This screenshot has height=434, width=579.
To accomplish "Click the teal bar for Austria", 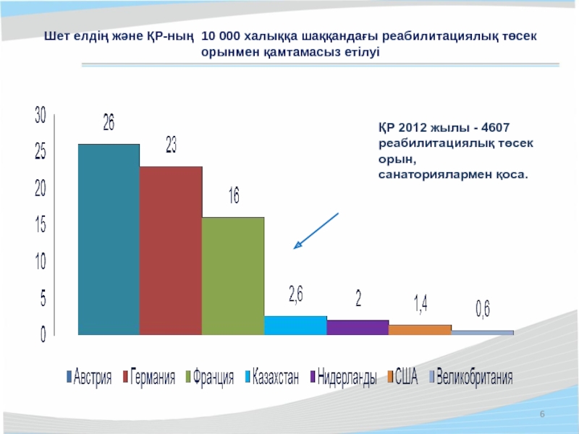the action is point(109,239).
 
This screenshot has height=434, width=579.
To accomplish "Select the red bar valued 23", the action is point(171,250).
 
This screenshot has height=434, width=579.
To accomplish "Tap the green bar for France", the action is point(233,276).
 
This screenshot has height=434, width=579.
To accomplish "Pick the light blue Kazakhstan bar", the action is point(295,325).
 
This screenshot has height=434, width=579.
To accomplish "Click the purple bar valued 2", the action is point(358,328).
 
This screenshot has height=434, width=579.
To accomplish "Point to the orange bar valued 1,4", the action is point(420,330).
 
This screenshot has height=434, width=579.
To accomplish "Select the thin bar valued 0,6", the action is point(482,333).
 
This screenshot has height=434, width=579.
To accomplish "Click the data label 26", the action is point(109,122).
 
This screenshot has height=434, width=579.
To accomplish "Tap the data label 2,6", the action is point(296,295).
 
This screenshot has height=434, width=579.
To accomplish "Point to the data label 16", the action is point(234,195).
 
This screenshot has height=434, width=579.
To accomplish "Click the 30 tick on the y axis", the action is point(41,115).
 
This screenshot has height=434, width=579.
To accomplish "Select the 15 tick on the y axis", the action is point(41,224).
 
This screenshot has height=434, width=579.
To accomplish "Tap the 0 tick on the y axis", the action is point(43,334).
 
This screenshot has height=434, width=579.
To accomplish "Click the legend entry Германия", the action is point(149,377).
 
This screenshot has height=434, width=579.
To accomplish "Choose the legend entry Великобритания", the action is point(471,377).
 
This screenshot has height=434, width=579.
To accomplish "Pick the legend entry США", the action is point(402,376).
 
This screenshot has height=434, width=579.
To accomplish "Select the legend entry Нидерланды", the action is point(343,377).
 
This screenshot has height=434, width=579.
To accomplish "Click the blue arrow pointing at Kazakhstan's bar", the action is point(316,231).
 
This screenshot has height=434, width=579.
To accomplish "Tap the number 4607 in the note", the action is point(496,127).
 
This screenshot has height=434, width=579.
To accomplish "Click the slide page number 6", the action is point(542,414).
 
